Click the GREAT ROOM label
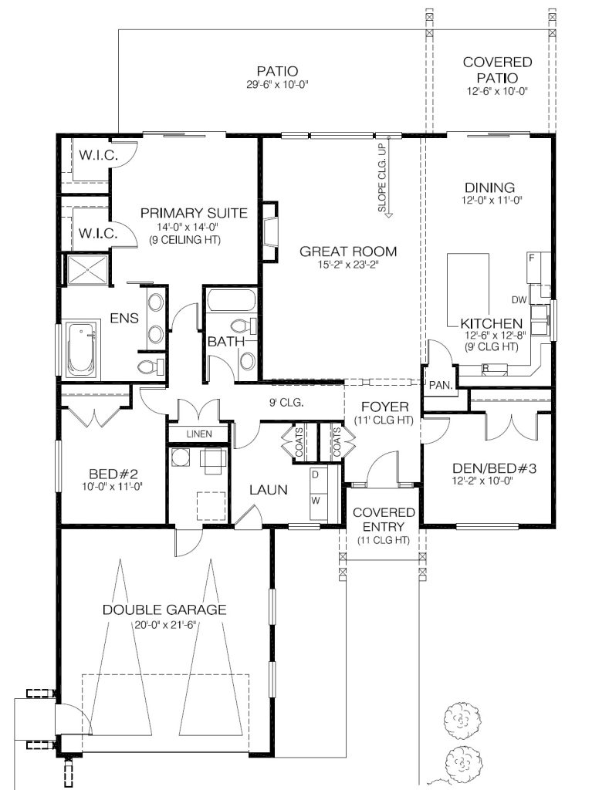tap(348, 252)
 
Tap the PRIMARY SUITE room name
tap(194, 213)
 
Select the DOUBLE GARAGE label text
tap(164, 609)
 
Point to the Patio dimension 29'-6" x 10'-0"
tap(277, 85)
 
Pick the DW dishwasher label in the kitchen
tap(519, 300)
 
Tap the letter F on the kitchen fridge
tap(531, 258)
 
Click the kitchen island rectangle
tap(469, 291)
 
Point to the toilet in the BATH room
tap(245, 326)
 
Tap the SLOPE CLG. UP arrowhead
tap(388, 215)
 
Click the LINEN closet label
tap(199, 434)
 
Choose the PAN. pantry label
tap(442, 386)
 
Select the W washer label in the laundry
tap(316, 501)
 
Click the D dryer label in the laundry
tap(315, 474)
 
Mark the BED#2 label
tap(113, 474)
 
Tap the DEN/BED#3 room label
tap(494, 468)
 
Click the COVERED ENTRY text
tap(384, 519)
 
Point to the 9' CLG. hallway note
tap(286, 403)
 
